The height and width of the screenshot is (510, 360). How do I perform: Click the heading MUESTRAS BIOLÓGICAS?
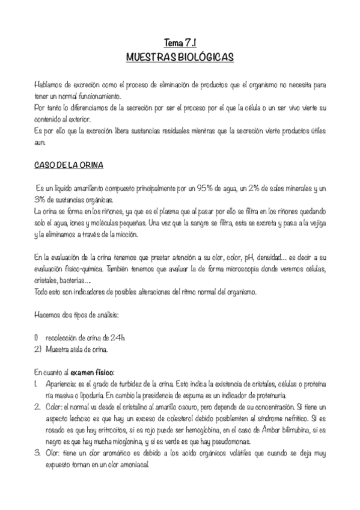tap(180, 57)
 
